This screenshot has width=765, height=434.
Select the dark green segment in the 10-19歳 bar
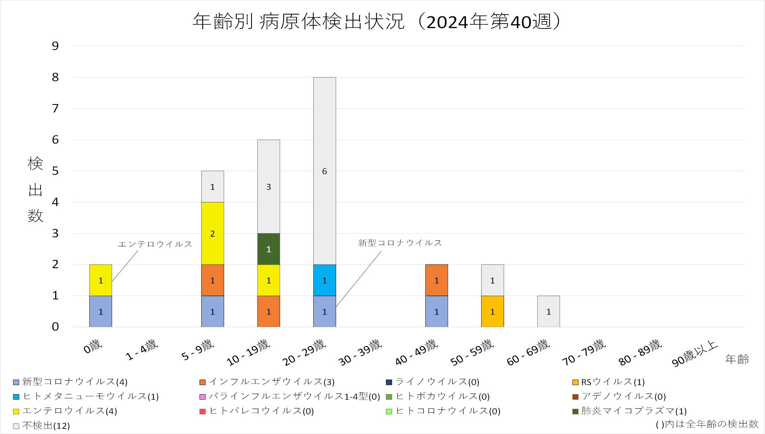click(269, 249)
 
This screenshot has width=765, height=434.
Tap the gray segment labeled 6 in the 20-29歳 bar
click(324, 171)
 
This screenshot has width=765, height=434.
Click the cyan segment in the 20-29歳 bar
click(324, 280)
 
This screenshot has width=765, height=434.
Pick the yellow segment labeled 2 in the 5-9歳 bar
click(212, 233)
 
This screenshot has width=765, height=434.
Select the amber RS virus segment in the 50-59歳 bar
click(492, 312)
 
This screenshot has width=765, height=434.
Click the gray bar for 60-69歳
click(548, 312)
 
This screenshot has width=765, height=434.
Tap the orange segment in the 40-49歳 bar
click(436, 280)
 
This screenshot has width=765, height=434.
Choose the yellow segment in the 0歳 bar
click(101, 280)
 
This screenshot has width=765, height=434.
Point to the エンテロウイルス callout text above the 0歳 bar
click(155, 244)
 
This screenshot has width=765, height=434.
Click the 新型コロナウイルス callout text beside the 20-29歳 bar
click(400, 243)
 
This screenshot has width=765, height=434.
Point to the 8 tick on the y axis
click(55, 77)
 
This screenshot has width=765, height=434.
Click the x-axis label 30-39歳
click(360, 352)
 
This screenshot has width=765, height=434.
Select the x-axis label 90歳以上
click(695, 354)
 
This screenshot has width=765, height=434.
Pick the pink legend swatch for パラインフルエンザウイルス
click(203, 397)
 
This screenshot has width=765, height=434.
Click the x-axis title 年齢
click(737, 359)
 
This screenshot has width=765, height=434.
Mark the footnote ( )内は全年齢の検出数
click(707, 424)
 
